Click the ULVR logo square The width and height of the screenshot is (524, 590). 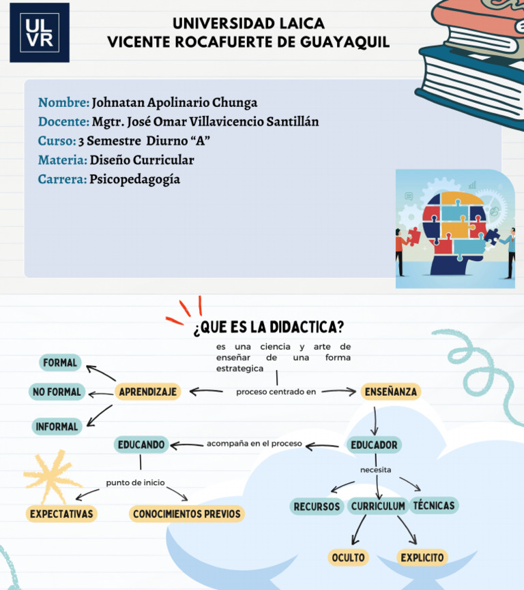click(x=39, y=32)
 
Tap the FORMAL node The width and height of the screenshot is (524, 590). click(x=60, y=362)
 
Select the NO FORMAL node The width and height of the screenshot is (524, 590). click(x=57, y=392)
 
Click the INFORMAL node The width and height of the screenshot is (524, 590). click(x=57, y=426)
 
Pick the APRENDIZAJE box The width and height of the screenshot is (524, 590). click(x=148, y=392)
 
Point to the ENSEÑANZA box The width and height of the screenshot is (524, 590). click(x=391, y=392)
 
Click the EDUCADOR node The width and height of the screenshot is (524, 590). click(x=374, y=445)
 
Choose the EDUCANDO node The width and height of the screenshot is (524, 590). click(x=141, y=445)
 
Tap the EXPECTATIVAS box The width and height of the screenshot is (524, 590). click(x=61, y=514)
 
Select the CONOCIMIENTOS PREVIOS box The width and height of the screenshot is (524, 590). click(x=187, y=514)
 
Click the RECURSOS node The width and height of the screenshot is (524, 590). click(x=317, y=506)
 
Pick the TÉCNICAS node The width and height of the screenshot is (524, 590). click(x=435, y=506)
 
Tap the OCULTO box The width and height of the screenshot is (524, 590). click(x=348, y=557)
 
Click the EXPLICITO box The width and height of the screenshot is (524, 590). click(x=422, y=557)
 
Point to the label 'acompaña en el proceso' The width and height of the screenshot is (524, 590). click(x=254, y=444)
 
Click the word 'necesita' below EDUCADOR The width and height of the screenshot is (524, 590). click(x=376, y=470)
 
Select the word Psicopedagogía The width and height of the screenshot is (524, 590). click(x=134, y=179)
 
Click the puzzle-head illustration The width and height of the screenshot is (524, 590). click(x=455, y=229)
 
